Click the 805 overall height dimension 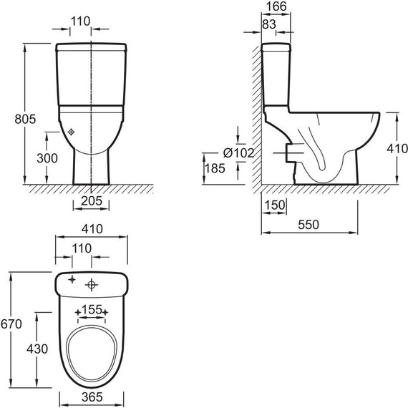(25, 119)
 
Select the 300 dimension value (47, 158)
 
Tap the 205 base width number (92, 200)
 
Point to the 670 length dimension (11, 324)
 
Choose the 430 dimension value (37, 349)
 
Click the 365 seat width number (92, 397)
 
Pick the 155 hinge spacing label (92, 310)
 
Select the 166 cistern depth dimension (276, 6)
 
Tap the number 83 (269, 24)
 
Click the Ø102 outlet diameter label (238, 152)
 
